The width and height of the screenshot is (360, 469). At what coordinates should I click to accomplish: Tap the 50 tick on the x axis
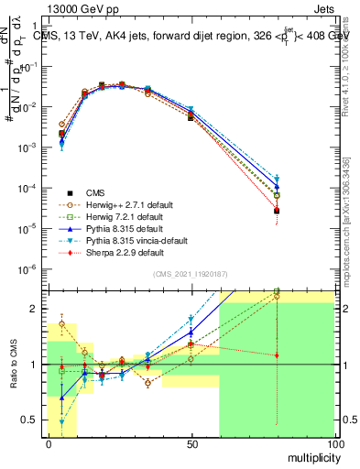click(x=191, y=443)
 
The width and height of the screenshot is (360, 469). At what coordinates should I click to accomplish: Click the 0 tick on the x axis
click(x=49, y=443)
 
